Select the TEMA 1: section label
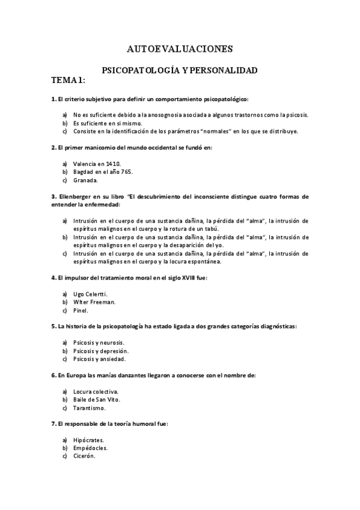69,80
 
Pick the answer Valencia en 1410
97,163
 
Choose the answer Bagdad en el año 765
103,171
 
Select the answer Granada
85,180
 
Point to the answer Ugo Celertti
90,293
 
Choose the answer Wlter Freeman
94,302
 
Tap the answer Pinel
81,310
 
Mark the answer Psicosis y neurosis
98,342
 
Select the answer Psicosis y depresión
100,351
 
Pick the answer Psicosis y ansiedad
99,359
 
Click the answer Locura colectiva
96,391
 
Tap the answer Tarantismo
89,408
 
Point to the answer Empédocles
91,448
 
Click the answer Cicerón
84,456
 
